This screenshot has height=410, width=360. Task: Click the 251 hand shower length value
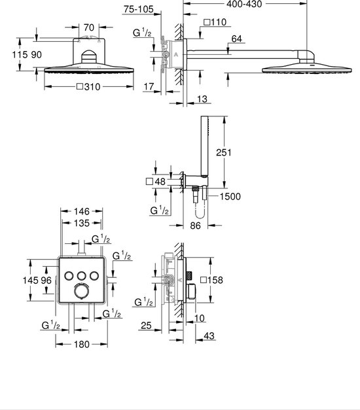click(243, 152)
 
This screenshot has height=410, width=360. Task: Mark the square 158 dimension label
click(213, 281)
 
